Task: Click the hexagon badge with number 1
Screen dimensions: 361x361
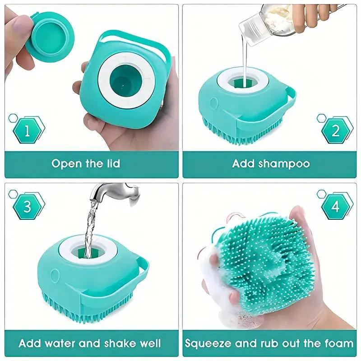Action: coord(28,131)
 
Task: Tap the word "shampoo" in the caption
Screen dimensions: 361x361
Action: coord(284,163)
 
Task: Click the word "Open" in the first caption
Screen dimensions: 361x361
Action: coord(66,163)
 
